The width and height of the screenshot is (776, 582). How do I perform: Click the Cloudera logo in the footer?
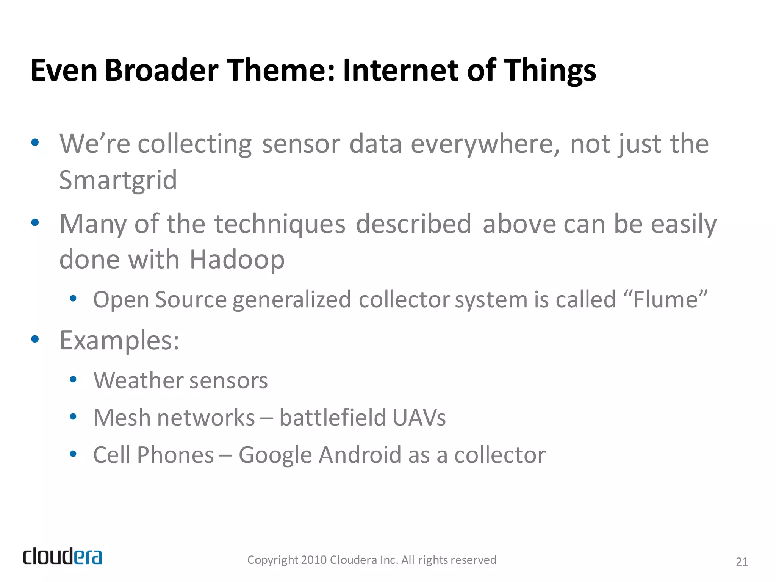[63, 556]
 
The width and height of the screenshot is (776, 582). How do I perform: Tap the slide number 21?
[742, 562]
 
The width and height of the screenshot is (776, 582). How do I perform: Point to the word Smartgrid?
[118, 180]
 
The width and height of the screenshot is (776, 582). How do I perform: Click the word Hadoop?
[237, 260]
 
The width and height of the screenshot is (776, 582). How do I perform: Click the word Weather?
[138, 380]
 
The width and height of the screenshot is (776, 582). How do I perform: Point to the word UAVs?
[419, 418]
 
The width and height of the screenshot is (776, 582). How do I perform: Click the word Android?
[360, 455]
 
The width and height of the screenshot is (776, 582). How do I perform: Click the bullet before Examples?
[35, 339]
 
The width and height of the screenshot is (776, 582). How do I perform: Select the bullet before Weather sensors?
[74, 379]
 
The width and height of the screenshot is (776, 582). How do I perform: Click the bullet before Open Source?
[74, 298]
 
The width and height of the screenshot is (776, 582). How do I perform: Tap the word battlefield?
[332, 418]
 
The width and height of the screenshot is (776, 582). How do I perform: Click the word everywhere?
[485, 144]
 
